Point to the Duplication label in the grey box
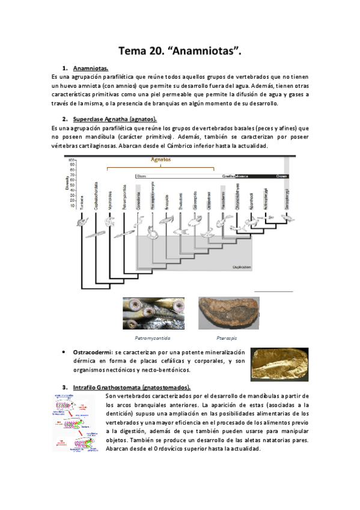click(x=242, y=266)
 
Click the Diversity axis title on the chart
click(x=68, y=180)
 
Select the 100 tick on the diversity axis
click(x=72, y=159)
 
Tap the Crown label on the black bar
click(x=281, y=176)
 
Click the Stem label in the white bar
click(x=141, y=176)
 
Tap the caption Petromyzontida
click(x=150, y=337)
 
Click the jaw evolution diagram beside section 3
click(x=78, y=422)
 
